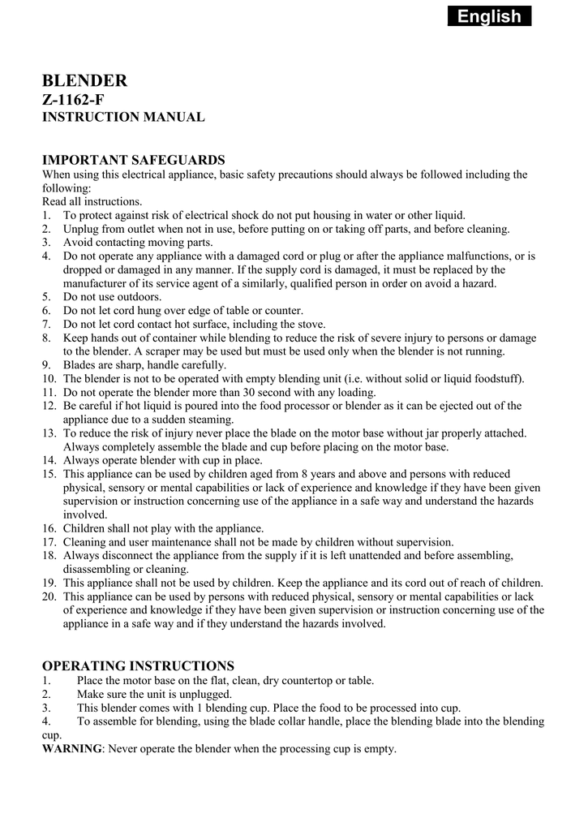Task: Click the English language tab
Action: click(489, 16)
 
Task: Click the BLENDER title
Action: click(84, 80)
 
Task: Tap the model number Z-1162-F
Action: click(73, 100)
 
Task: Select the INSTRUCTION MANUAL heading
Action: click(122, 118)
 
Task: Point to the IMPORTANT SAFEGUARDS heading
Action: click(133, 159)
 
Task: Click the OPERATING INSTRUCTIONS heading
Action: click(138, 665)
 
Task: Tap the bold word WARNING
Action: click(72, 748)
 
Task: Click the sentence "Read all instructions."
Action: click(92, 201)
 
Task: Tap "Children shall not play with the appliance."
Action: click(164, 528)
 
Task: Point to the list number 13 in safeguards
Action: click(49, 433)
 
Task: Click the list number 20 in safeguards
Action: click(49, 596)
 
